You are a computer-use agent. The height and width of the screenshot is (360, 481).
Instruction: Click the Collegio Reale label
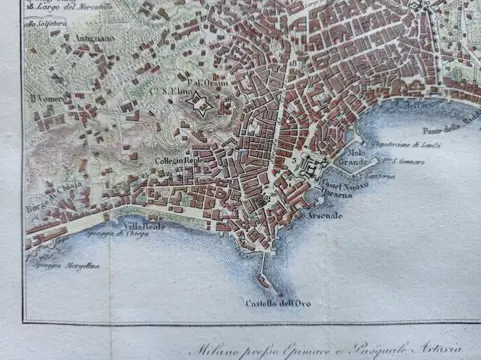coord(176,160)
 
